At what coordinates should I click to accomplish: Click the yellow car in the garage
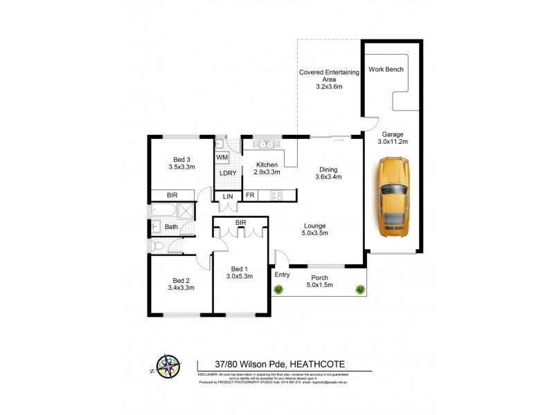pos(394,196)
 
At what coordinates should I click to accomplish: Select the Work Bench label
pos(386,69)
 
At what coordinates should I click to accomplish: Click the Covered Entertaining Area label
pos(329,79)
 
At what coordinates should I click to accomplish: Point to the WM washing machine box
pos(222,158)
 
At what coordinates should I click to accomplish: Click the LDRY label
pos(228,173)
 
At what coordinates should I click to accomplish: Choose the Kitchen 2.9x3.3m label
pos(267,168)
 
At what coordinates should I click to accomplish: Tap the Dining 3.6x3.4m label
pos(329,173)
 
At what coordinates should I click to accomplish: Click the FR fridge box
pos(249,196)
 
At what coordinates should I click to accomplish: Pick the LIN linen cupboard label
pos(228,196)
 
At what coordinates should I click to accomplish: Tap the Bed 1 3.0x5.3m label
pos(239,272)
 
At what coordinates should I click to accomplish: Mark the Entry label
pos(283,275)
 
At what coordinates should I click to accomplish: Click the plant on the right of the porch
pos(359,289)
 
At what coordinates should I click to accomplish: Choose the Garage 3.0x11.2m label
pos(393,138)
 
